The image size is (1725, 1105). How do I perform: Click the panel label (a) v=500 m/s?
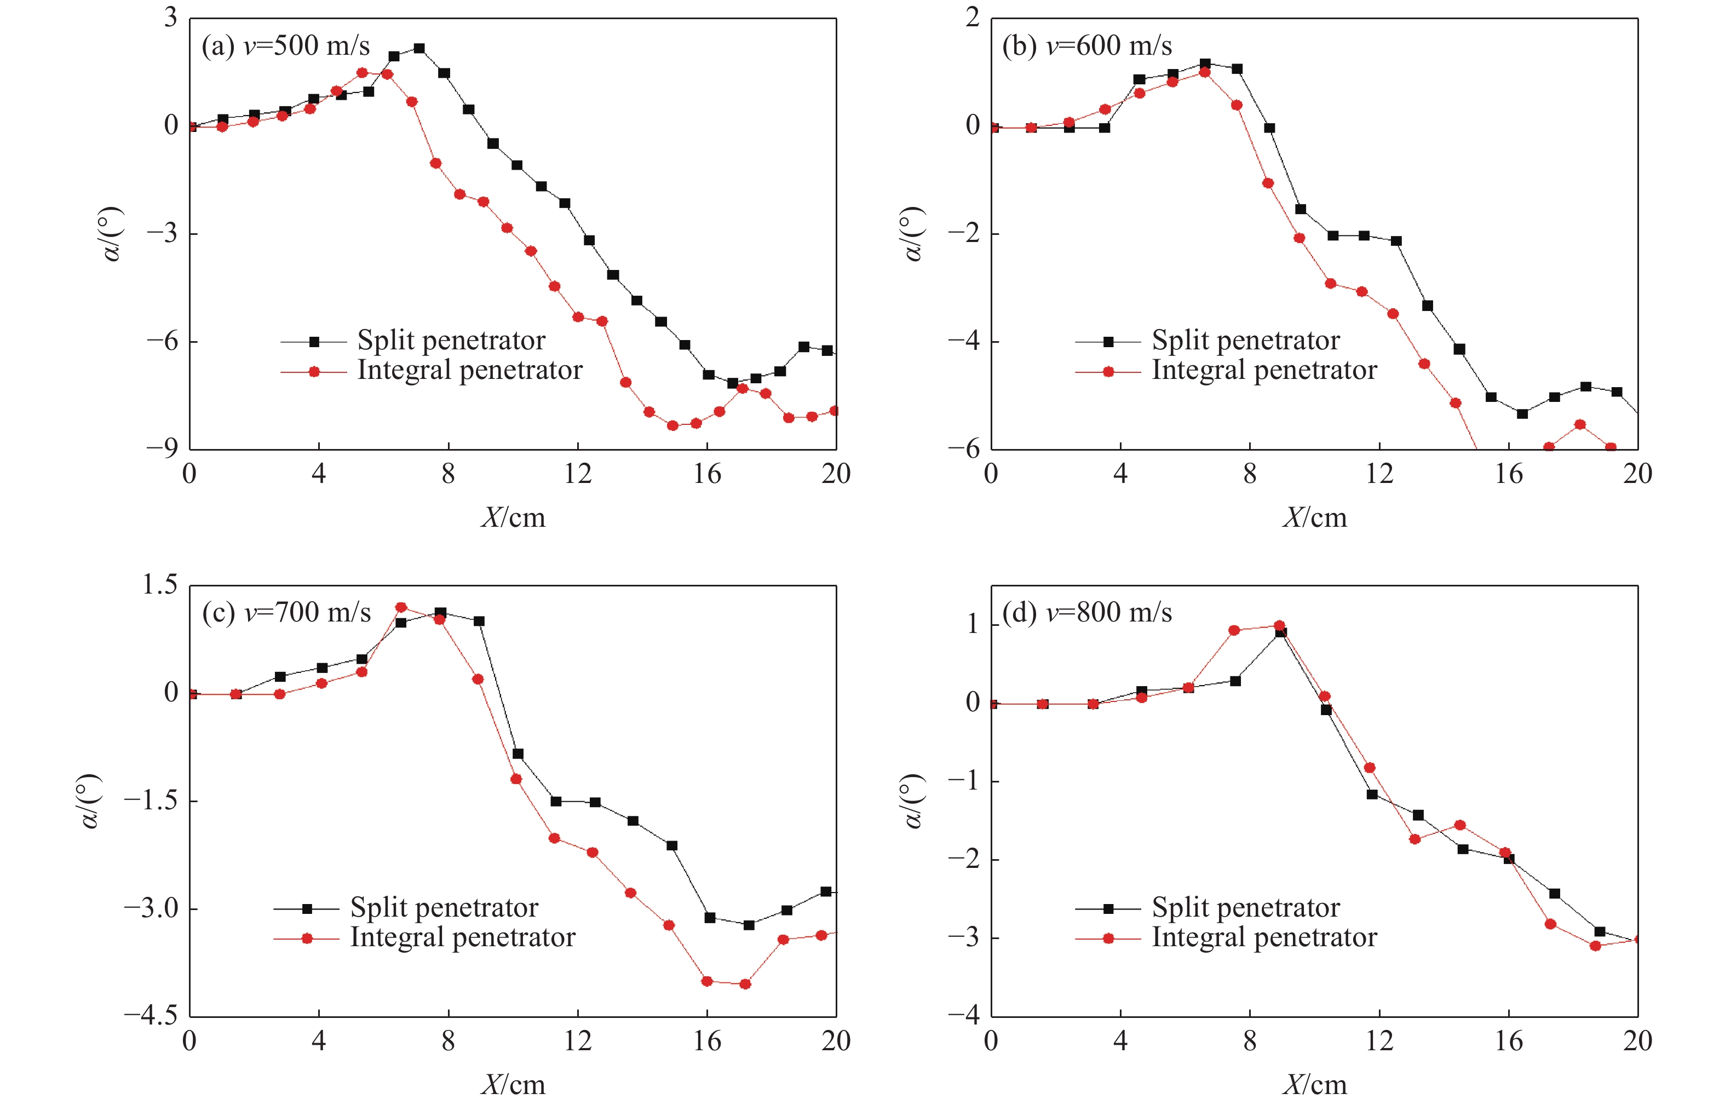point(286,47)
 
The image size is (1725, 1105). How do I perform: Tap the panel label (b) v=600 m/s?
point(1086,47)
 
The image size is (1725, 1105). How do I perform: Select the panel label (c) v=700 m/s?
point(286,613)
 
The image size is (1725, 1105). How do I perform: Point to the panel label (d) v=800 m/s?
point(1086,613)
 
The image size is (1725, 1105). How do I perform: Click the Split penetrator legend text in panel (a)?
point(451,341)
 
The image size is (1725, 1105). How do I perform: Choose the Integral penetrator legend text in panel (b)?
point(1264,371)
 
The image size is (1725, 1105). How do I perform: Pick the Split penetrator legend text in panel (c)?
point(444,908)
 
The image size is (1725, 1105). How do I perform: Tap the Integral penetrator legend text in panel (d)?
point(1264,938)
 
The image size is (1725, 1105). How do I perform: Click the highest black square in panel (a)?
point(419,49)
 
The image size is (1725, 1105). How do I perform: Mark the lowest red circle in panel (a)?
point(672,425)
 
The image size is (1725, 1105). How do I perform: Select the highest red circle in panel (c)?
point(401,608)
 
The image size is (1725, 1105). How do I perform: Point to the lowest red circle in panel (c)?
point(745,984)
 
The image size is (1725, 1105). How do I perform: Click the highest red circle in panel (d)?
point(1279,626)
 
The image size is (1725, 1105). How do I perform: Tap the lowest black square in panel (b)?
point(1522,413)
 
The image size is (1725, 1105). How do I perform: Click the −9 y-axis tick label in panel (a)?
point(162,449)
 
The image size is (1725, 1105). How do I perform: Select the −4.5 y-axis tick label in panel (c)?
point(151,1015)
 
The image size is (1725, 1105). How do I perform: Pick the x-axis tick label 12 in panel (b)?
point(1378,474)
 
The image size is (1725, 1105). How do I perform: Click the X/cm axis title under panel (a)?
point(513,517)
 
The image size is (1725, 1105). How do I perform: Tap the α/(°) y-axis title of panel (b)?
point(911,234)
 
